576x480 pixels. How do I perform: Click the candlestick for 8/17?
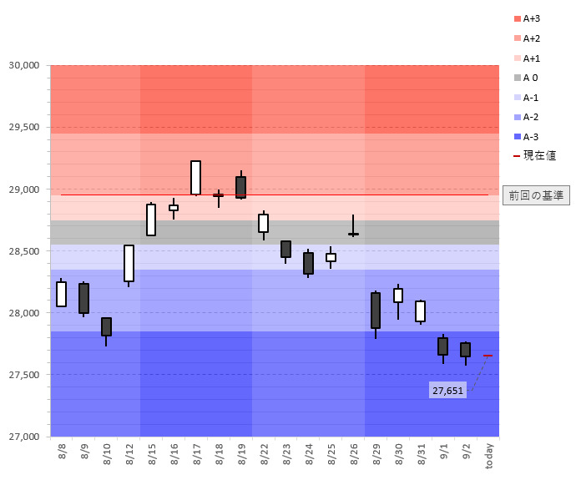[195, 178]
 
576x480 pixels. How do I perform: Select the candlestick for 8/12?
[129, 263]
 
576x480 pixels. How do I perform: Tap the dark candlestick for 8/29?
[376, 311]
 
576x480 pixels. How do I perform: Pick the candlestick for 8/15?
[151, 220]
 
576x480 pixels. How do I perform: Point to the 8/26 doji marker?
[353, 235]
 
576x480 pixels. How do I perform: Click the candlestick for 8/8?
[61, 294]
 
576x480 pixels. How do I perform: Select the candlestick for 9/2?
[465, 350]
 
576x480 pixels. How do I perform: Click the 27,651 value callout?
[447, 390]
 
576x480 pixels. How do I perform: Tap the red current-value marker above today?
[488, 356]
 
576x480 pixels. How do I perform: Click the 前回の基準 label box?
[536, 195]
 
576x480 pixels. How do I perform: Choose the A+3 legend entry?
[528, 18]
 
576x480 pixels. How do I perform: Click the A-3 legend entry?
[527, 137]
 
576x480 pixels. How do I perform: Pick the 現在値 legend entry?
[534, 155]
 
